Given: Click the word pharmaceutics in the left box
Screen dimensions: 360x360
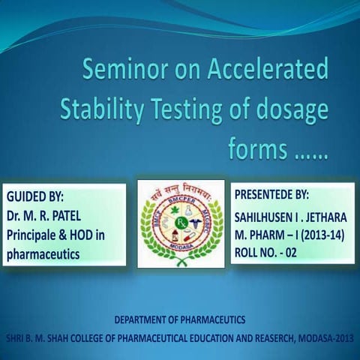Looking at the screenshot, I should pos(42,254).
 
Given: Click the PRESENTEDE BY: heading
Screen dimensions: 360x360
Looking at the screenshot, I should pos(271,194).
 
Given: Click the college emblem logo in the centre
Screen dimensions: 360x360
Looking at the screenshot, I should pos(181,223).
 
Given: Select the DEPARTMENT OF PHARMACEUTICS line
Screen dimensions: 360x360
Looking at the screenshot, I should pos(180,320).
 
